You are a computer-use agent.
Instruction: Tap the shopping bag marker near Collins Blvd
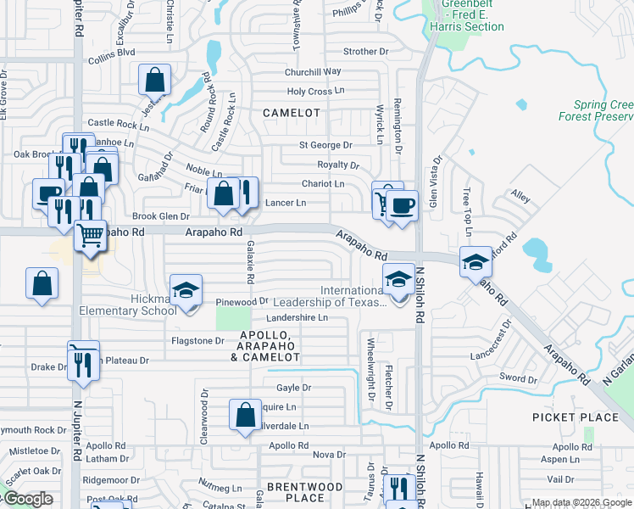point(155,80)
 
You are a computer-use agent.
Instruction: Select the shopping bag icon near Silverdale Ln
point(245,415)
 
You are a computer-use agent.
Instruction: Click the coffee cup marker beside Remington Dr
point(402,205)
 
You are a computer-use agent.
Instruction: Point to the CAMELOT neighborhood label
point(292,113)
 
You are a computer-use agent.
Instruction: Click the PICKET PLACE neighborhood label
point(576,417)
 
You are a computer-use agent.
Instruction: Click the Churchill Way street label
point(313,72)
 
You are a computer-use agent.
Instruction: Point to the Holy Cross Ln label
point(316,92)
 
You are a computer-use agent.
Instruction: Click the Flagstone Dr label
point(197,341)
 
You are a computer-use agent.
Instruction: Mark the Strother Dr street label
point(365,52)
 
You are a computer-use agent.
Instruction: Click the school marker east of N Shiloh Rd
point(475,261)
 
